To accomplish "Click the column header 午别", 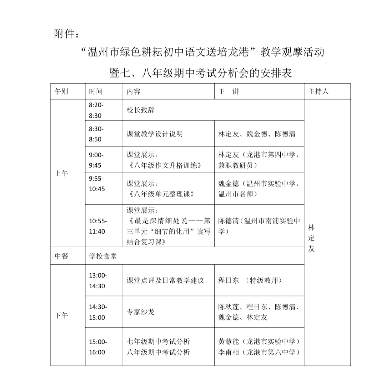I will pos(61,91).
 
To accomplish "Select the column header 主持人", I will pos(318,91).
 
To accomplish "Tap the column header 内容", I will pos(134,91).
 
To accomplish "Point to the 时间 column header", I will pos(96,91).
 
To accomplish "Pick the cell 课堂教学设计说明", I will pos(155,134).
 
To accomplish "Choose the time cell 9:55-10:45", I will pos(97,184).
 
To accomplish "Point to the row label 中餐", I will pos(61,256).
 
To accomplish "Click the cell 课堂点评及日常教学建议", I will pos(165,280).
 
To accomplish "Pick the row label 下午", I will pos(61,315).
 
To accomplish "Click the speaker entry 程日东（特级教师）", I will pos(250,280).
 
